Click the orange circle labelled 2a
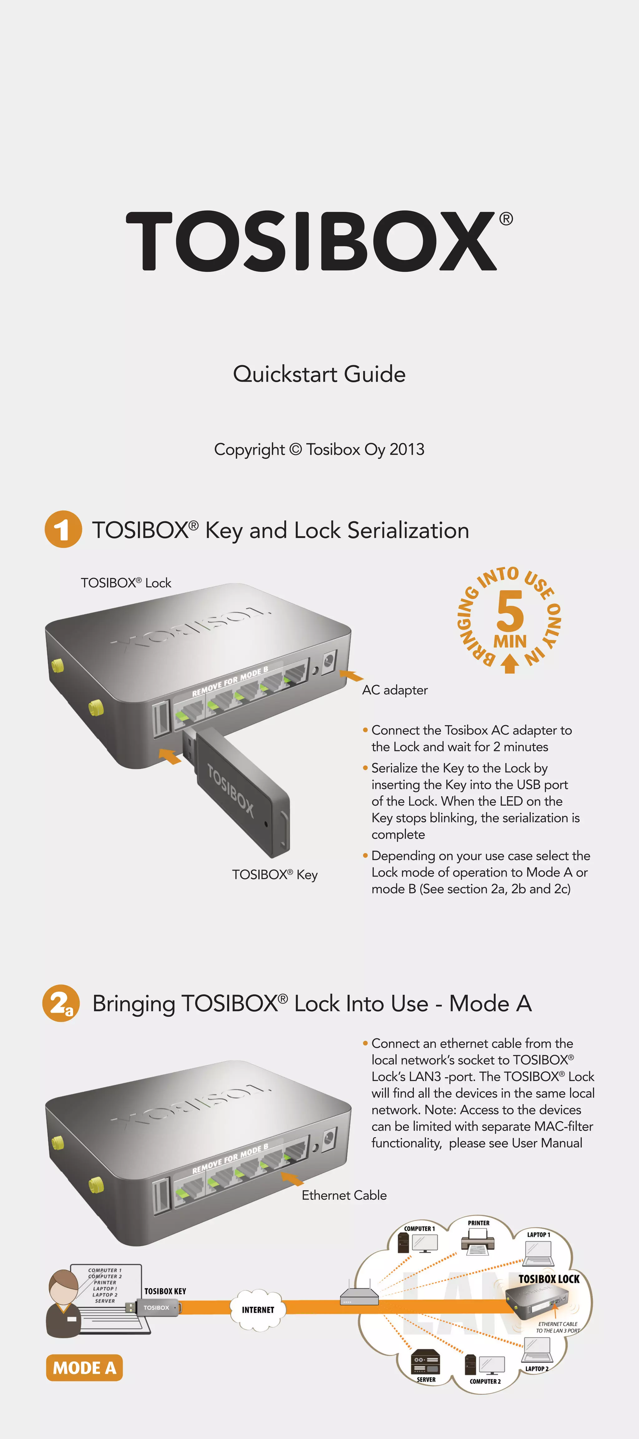[x=61, y=1003]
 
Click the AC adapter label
[x=395, y=690]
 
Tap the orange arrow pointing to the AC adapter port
[x=352, y=676]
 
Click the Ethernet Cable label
[x=344, y=1195]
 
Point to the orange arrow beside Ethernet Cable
[x=292, y=1179]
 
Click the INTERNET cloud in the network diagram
[x=258, y=1309]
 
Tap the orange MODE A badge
[x=84, y=1367]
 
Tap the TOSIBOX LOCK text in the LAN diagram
[x=549, y=1279]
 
